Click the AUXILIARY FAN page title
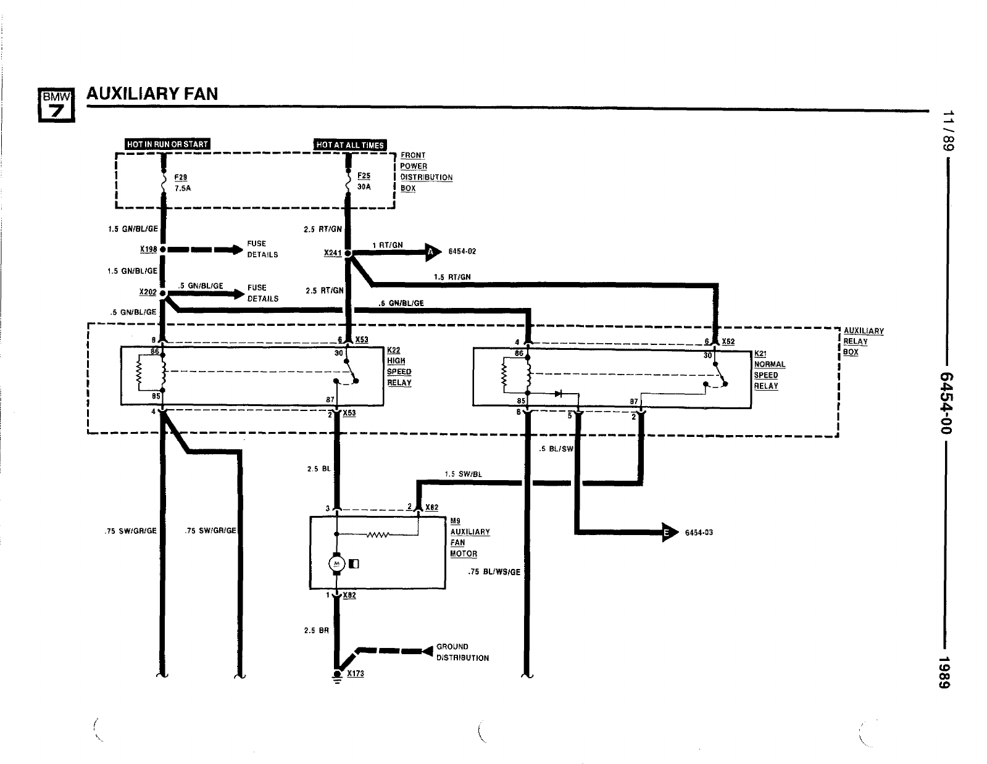(x=152, y=94)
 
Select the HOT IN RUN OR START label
(x=167, y=144)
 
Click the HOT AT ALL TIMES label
(x=350, y=145)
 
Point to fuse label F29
(x=181, y=177)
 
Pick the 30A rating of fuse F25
(x=364, y=187)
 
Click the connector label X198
(x=148, y=249)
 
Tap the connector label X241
(x=333, y=253)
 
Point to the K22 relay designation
(x=393, y=351)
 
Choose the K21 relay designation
(x=760, y=354)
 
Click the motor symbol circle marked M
(x=336, y=563)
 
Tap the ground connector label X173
(x=356, y=673)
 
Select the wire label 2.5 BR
(x=317, y=631)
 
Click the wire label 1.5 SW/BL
(x=463, y=475)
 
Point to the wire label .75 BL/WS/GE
(x=494, y=572)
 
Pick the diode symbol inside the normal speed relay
(x=558, y=394)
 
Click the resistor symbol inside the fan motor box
(x=377, y=534)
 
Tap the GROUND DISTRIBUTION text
(x=462, y=652)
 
